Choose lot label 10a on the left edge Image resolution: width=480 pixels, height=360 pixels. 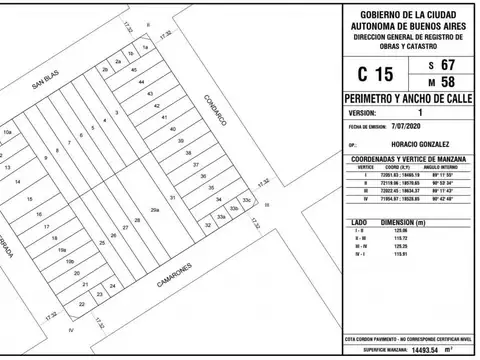(7, 131)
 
